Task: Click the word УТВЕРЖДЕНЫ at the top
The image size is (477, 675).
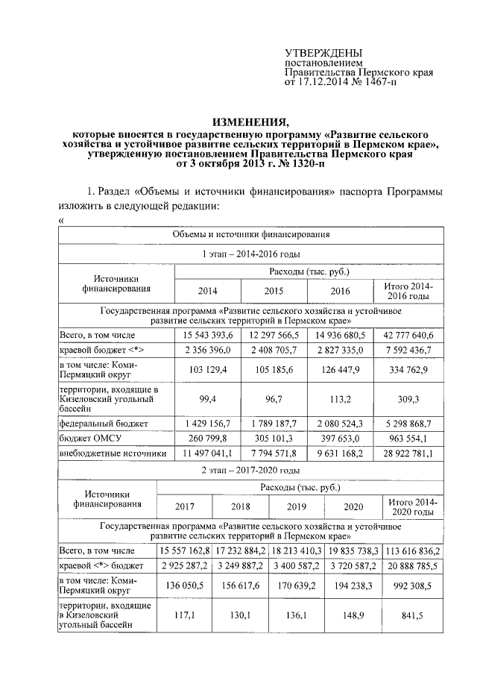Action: click(324, 53)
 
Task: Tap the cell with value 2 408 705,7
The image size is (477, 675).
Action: click(274, 351)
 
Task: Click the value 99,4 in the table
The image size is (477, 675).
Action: click(208, 399)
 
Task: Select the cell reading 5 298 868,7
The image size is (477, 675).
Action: click(407, 424)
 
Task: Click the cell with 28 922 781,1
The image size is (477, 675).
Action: click(407, 452)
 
